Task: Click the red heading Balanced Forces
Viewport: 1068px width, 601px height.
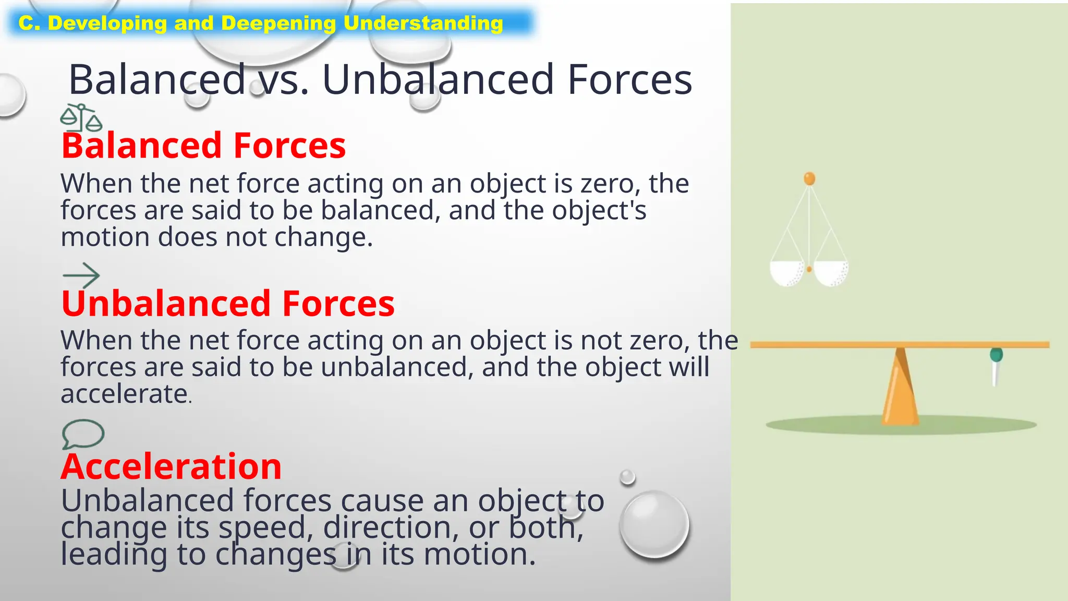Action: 203,146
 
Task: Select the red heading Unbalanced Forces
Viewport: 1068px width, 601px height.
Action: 228,304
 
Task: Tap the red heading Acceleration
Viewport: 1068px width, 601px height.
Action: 171,466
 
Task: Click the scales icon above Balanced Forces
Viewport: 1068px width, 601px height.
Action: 81,118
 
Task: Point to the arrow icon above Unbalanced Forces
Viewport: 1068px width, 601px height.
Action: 81,275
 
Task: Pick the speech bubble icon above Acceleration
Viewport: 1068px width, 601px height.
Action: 83,434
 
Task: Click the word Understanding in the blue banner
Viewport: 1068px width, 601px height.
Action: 423,23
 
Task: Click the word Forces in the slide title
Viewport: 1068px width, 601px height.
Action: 629,80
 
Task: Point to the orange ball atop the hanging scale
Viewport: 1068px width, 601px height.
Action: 809,179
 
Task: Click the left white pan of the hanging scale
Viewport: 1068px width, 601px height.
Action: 787,273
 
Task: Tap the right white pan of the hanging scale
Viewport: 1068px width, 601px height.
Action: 831,273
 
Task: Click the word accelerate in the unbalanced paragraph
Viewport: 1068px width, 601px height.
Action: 124,394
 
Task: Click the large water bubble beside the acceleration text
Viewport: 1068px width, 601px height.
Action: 654,524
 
